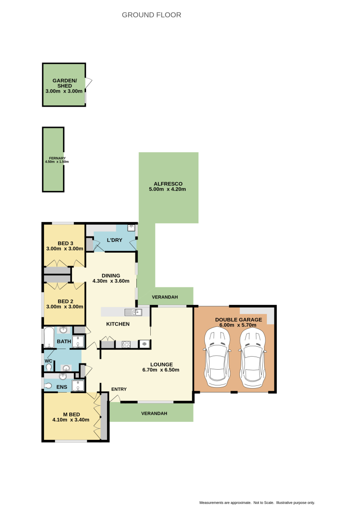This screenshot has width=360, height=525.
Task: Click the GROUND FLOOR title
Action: point(151,15)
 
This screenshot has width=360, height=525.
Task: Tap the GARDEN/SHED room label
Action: point(64,83)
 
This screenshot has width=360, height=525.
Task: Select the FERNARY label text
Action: point(57,158)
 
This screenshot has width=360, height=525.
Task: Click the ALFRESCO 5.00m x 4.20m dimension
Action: point(167,189)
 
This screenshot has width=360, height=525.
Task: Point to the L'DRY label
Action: point(114,240)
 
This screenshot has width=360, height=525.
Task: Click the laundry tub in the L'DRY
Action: point(131,228)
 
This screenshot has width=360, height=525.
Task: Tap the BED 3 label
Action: point(65,244)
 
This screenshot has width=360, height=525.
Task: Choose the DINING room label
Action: point(111,276)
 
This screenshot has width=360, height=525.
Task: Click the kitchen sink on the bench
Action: point(133,312)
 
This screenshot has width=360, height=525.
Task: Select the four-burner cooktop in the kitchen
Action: point(126,344)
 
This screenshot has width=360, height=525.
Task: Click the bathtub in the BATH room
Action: point(49,338)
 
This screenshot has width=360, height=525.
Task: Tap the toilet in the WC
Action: point(49,367)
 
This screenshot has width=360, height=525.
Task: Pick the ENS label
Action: point(62,387)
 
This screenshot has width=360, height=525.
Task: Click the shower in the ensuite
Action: point(77,386)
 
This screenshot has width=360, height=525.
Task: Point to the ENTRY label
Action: point(119,389)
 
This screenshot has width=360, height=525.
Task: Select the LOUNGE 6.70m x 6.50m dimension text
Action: point(161,370)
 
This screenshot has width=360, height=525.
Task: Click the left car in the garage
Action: point(217,357)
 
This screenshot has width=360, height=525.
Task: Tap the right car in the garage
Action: point(252,357)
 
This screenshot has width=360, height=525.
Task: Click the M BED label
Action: point(71,415)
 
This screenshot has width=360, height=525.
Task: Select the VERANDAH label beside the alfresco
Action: point(165,297)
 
